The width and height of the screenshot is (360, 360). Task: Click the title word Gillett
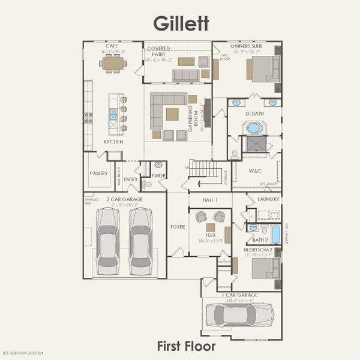(x=181, y=23)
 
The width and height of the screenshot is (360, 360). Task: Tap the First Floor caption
(x=186, y=346)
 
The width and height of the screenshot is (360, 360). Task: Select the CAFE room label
(x=112, y=46)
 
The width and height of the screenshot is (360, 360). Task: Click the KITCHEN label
(x=113, y=142)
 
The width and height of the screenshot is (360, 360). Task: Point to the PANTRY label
(x=99, y=173)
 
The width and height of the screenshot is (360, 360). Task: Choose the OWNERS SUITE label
(x=247, y=45)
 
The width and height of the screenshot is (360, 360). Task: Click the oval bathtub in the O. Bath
(x=254, y=127)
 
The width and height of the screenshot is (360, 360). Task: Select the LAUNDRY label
(x=268, y=199)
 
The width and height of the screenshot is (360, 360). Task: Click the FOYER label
(x=178, y=227)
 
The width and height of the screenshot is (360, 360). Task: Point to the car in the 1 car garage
(x=239, y=314)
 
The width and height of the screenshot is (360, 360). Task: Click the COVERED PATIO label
(x=158, y=51)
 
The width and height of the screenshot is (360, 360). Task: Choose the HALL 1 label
(x=209, y=199)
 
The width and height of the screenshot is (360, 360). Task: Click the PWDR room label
(x=158, y=176)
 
